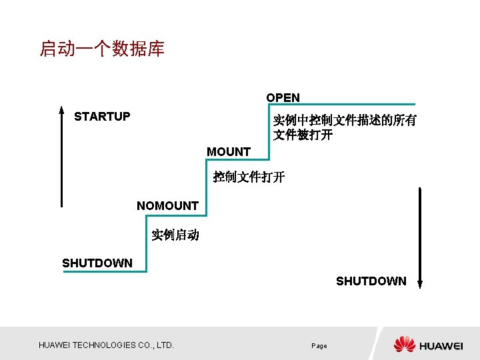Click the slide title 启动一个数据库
tap(102, 49)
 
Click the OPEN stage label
tap(283, 98)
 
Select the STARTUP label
tap(102, 117)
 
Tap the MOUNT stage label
tap(229, 152)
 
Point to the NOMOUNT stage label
tap(167, 206)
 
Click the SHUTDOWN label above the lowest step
tap(97, 263)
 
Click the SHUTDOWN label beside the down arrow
tap(371, 281)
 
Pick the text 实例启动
tap(175, 235)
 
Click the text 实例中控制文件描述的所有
tap(345, 121)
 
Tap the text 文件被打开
tap(303, 135)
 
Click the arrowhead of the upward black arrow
tap(61, 111)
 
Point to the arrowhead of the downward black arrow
tap(420, 283)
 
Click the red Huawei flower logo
tap(404, 344)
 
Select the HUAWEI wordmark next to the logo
tap(441, 345)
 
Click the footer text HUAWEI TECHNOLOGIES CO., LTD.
tap(107, 345)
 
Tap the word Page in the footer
tap(319, 346)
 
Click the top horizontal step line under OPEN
tap(342, 105)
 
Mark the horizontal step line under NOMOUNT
tap(176, 215)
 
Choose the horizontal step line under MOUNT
tap(238, 160)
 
